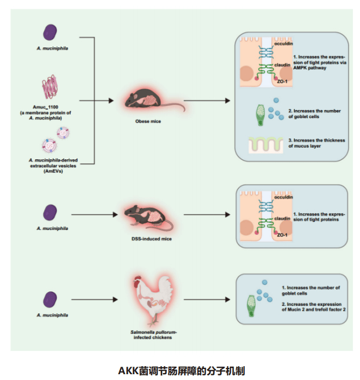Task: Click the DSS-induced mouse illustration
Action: (147, 216)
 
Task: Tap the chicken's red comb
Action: (137, 279)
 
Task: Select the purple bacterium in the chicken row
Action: (51, 299)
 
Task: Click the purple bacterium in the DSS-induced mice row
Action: (51, 212)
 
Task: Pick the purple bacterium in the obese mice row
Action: (51, 31)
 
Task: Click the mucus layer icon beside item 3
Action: (266, 145)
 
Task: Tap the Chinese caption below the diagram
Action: (181, 369)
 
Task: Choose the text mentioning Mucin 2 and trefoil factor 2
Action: (313, 307)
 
